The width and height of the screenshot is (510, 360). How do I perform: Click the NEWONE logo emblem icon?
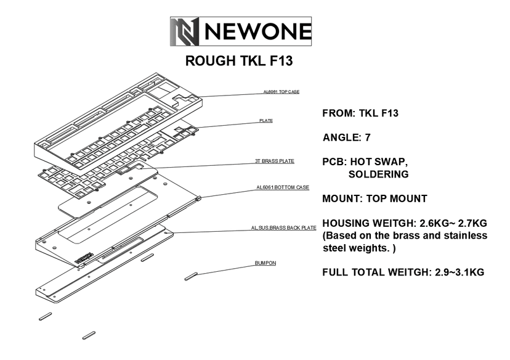[x=185, y=31]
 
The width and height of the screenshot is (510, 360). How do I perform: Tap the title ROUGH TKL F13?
[x=238, y=62]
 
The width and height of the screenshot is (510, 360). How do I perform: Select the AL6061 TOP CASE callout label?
[x=281, y=92]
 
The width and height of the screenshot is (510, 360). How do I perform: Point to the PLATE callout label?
[x=266, y=121]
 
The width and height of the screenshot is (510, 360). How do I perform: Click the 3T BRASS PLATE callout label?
[x=275, y=162]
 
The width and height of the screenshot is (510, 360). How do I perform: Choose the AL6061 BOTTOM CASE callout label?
[x=283, y=187]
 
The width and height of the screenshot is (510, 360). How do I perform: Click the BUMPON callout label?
[x=265, y=263]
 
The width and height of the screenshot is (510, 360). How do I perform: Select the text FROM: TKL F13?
[x=360, y=113]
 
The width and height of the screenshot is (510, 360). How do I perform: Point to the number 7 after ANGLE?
[x=367, y=137]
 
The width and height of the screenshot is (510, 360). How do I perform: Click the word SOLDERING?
[x=378, y=174]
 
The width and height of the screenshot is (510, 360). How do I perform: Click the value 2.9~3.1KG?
[x=453, y=271]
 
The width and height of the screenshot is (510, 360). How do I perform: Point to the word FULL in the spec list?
[x=336, y=271]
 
